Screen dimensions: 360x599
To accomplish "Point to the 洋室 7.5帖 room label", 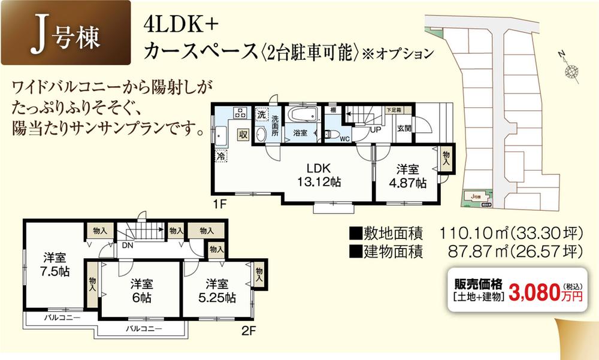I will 55,264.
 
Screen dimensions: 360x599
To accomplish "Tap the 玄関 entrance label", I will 404,128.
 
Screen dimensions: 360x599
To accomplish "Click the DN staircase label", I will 128,244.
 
